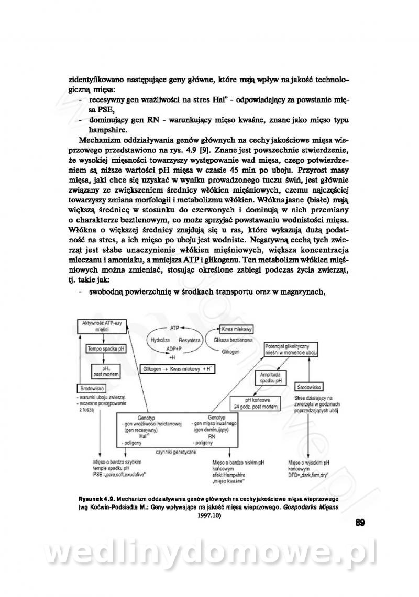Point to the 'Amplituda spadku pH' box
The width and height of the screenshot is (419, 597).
point(271,378)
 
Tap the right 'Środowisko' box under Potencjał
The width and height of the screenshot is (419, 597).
point(308,388)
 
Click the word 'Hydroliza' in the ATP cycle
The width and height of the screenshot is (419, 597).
point(160,340)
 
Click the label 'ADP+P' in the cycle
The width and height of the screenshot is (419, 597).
point(174,348)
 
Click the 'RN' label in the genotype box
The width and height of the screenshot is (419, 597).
point(212,435)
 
